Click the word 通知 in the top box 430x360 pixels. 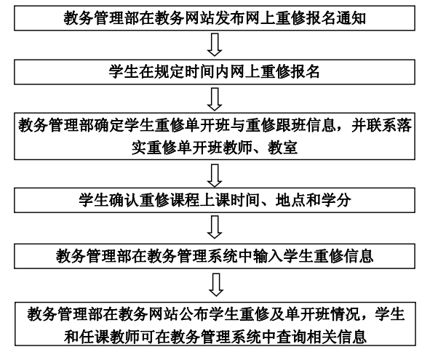[x=351, y=18]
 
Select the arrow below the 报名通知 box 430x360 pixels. [x=215, y=44]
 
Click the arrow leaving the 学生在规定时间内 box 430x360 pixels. [x=215, y=99]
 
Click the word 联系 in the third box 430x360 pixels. [x=382, y=125]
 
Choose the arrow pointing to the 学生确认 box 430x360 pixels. [x=215, y=175]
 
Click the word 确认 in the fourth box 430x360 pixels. [x=124, y=200]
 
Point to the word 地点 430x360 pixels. [x=290, y=200]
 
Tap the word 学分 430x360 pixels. [x=335, y=200]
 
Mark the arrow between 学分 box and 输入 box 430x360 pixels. [x=215, y=227]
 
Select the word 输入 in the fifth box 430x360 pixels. [x=268, y=256]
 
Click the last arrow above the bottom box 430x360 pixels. [x=216, y=284]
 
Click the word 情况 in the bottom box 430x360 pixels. [x=345, y=314]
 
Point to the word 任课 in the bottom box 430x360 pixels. [x=94, y=337]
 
